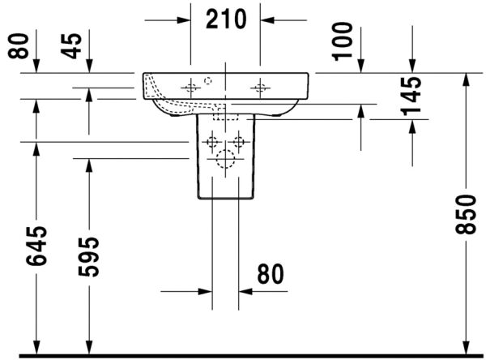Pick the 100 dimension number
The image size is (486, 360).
pyautogui.click(x=343, y=40)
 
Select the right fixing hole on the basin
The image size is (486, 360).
pyautogui.click(x=260, y=86)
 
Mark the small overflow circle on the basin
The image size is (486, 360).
pyautogui.click(x=207, y=80)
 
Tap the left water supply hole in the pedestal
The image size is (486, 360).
pyautogui.click(x=212, y=143)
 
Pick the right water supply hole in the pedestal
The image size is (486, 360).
pyautogui.click(x=238, y=143)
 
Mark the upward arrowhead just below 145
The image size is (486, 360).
pyautogui.click(x=412, y=124)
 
